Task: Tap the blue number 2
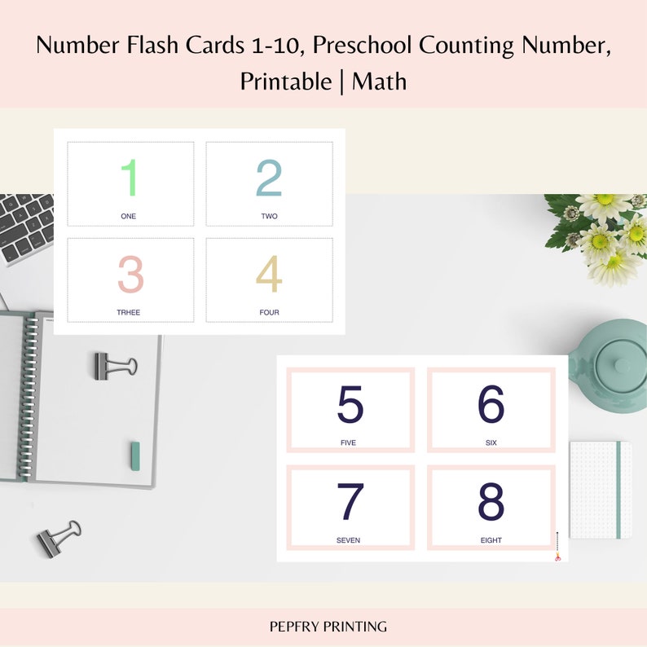(x=269, y=178)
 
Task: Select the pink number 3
(x=130, y=275)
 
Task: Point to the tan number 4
(x=269, y=275)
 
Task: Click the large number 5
(x=350, y=405)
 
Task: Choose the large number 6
(x=491, y=405)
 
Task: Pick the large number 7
(x=350, y=503)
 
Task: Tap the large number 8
(x=491, y=503)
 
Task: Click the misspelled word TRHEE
(x=129, y=312)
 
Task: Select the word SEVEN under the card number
(x=348, y=540)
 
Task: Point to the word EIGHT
(x=491, y=540)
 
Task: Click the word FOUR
(x=269, y=312)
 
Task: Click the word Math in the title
(x=380, y=81)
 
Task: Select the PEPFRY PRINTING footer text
(x=328, y=627)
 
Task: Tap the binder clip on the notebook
(x=114, y=364)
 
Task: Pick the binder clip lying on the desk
(x=59, y=537)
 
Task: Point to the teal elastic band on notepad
(x=619, y=490)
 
